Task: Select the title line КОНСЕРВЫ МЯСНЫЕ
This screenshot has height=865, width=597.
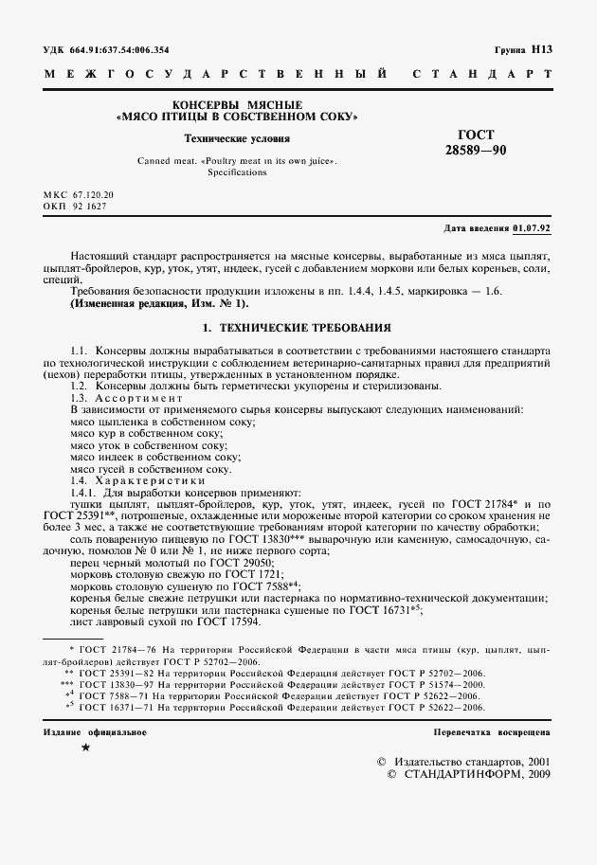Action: coord(236,103)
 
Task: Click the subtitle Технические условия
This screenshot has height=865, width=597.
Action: coord(236,138)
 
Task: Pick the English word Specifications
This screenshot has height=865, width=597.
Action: coord(236,174)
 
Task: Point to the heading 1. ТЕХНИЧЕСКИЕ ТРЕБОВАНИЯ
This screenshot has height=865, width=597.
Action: coord(298,327)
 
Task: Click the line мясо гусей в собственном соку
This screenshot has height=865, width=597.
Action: coord(151,468)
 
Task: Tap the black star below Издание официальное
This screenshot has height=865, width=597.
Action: coord(85,748)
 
